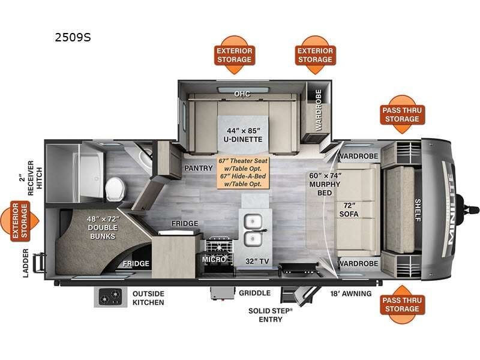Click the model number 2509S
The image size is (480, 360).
73,37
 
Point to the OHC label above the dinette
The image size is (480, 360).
242,94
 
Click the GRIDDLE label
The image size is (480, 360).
254,293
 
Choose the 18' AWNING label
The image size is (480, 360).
350,293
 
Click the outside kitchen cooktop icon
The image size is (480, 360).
110,297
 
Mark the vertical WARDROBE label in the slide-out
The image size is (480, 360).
318,110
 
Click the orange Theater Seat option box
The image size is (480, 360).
243,172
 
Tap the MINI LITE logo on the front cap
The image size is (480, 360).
451,210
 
